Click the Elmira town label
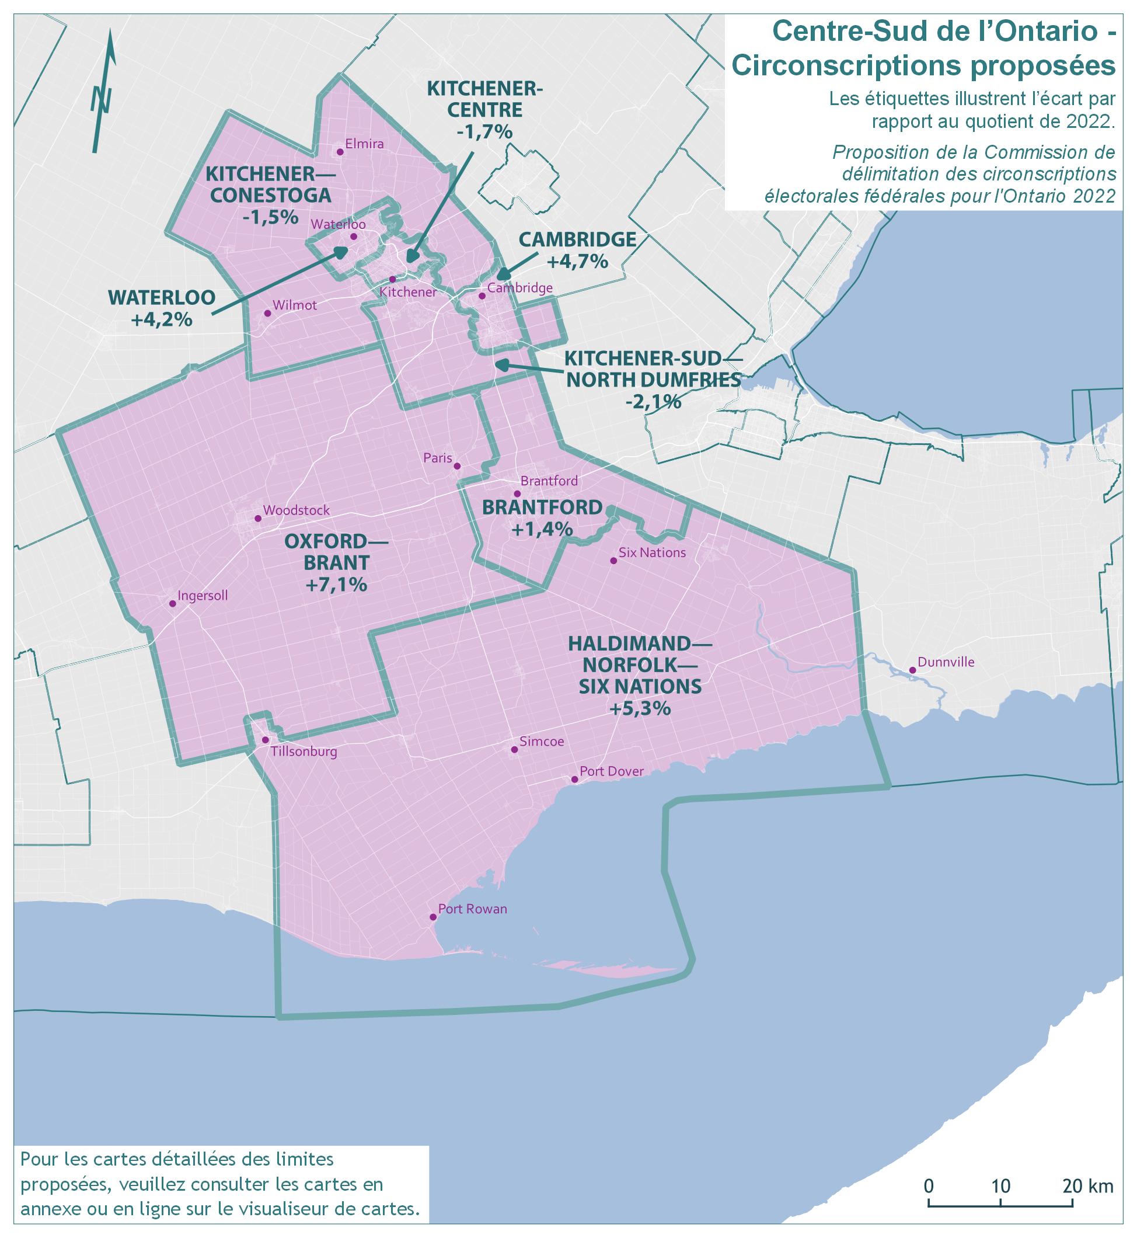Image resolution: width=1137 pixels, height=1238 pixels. pyautogui.click(x=364, y=144)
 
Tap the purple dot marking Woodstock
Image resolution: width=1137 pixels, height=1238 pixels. pyautogui.click(x=259, y=519)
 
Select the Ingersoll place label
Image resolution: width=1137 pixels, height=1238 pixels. pyautogui.click(x=203, y=596)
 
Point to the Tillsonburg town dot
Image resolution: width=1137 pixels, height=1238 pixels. pyautogui.click(x=265, y=740)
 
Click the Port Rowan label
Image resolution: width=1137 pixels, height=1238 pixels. pyautogui.click(x=473, y=909)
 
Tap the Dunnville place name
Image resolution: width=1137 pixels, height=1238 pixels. pyautogui.click(x=946, y=662)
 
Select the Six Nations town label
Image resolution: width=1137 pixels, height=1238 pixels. pyautogui.click(x=652, y=553)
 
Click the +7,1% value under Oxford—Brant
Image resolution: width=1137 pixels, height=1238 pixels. pyautogui.click(x=336, y=584)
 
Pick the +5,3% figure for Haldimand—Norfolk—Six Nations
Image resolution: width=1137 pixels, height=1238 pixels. pyautogui.click(x=639, y=708)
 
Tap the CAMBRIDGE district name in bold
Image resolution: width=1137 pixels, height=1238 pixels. pyautogui.click(x=577, y=239)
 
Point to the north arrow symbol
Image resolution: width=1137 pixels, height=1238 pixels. pyautogui.click(x=102, y=92)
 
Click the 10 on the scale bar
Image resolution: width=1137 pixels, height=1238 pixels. pyautogui.click(x=1001, y=1185)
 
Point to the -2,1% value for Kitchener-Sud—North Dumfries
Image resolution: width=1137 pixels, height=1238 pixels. pyautogui.click(x=653, y=402)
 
